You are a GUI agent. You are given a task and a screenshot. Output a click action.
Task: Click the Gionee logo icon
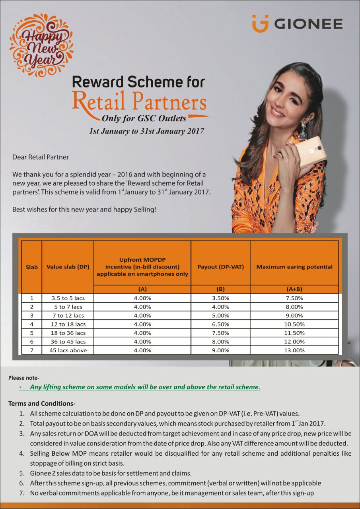260,23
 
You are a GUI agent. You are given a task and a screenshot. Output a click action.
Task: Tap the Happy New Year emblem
41,45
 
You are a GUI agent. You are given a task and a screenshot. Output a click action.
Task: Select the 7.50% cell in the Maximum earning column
294,298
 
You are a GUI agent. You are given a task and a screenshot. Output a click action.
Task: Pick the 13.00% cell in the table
294,350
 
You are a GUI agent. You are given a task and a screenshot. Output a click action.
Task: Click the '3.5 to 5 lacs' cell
68,298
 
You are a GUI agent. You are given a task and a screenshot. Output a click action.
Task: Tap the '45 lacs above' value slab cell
68,350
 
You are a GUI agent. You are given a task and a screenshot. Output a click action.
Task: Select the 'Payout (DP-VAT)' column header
220,267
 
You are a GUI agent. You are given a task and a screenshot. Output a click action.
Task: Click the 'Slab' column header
31,267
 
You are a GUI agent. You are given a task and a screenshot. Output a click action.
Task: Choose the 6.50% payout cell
220,324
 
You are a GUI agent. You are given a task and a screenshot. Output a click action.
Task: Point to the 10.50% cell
294,324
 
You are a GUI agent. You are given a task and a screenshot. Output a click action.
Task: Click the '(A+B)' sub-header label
294,289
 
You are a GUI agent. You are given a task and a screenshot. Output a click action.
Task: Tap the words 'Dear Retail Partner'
41,157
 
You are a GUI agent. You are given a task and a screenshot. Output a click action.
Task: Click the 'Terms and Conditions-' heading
42,403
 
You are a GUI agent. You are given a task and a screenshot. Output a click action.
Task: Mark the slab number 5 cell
31,333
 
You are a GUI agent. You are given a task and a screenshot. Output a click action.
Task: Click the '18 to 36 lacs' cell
68,333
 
